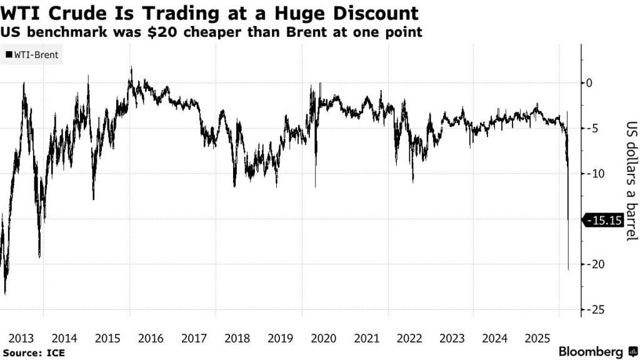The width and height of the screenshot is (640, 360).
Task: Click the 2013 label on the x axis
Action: [x=21, y=338]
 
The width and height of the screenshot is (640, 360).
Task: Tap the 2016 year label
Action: [x=151, y=338]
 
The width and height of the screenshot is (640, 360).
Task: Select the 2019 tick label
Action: [x=281, y=338]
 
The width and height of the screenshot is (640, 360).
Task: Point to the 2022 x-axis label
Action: [x=409, y=338]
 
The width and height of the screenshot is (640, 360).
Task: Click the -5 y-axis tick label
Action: [x=593, y=128]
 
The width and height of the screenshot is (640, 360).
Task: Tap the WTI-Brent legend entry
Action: [x=32, y=55]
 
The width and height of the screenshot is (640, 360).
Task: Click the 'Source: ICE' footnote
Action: [x=33, y=353]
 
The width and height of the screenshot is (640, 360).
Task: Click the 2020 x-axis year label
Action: [x=323, y=338]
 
